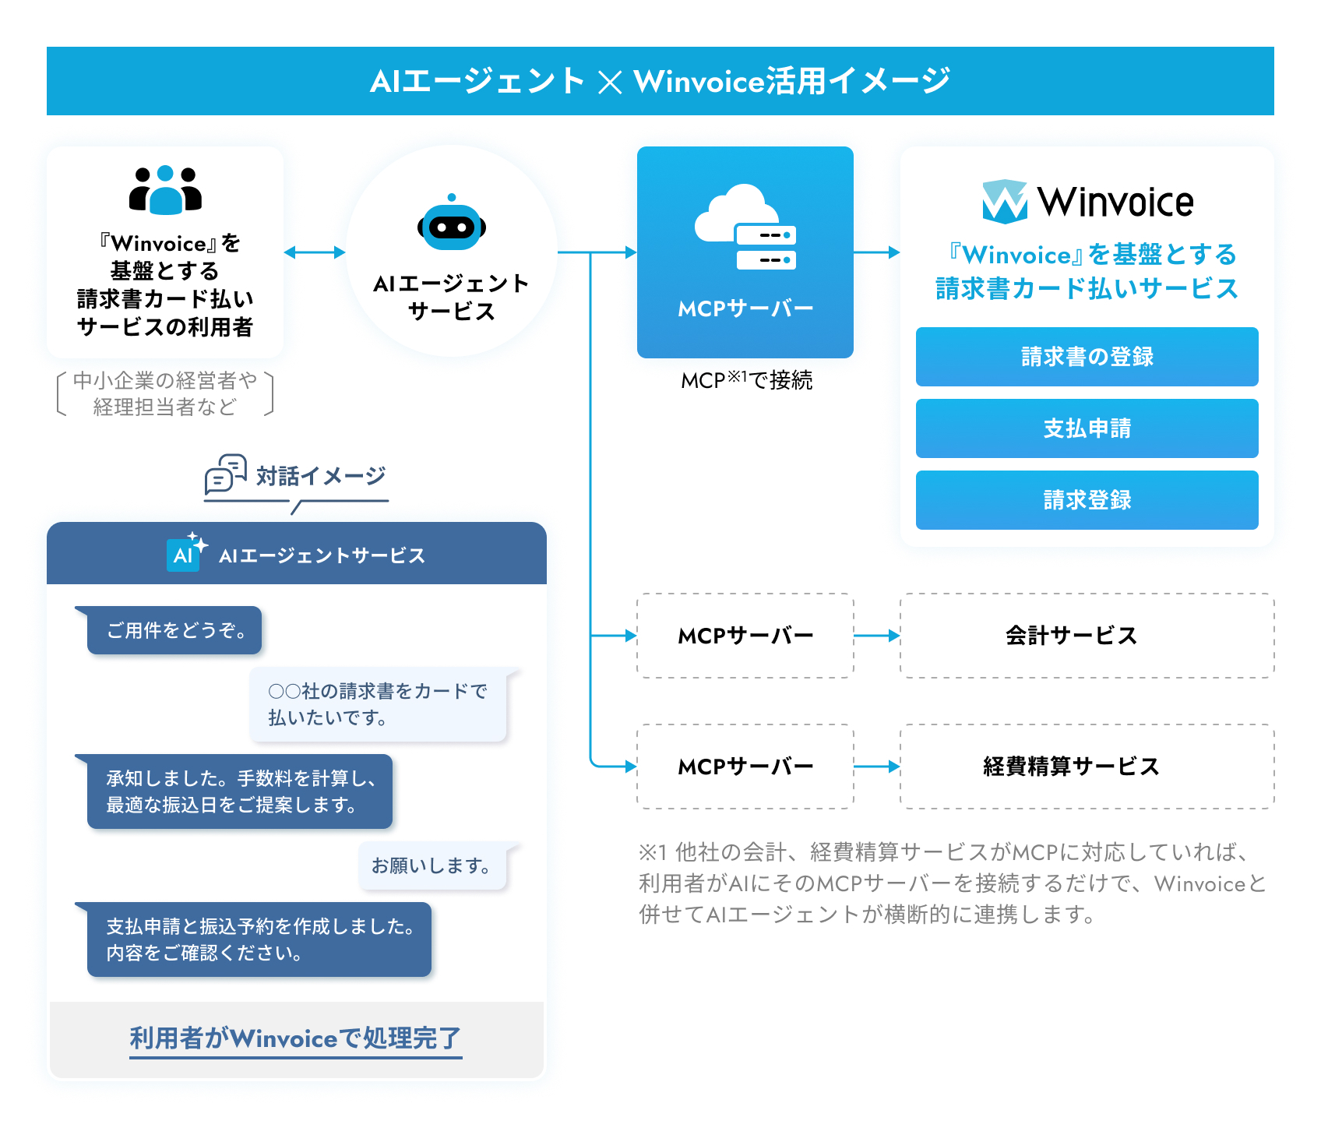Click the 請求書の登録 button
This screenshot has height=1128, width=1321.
click(x=1087, y=357)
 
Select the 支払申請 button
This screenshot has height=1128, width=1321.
click(x=1087, y=428)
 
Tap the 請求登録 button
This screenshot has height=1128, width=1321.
click(x=1087, y=500)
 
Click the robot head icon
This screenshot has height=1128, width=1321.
click(x=452, y=223)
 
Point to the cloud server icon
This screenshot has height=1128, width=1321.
click(x=745, y=227)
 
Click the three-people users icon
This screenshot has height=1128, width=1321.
click(x=165, y=190)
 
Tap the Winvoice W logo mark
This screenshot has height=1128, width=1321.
click(x=1005, y=202)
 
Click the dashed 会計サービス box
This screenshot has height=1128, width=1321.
click(x=1087, y=636)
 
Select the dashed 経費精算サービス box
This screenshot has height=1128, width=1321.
click(x=1087, y=767)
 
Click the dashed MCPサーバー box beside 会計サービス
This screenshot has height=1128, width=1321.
click(x=745, y=636)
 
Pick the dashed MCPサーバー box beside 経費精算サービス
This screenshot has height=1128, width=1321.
click(x=745, y=767)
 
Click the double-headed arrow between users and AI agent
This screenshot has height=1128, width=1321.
click(x=315, y=252)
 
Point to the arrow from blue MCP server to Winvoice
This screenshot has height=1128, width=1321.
click(x=877, y=252)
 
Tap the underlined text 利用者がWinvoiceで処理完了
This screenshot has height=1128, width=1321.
click(x=296, y=1039)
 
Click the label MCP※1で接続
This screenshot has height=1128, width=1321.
click(x=746, y=380)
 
